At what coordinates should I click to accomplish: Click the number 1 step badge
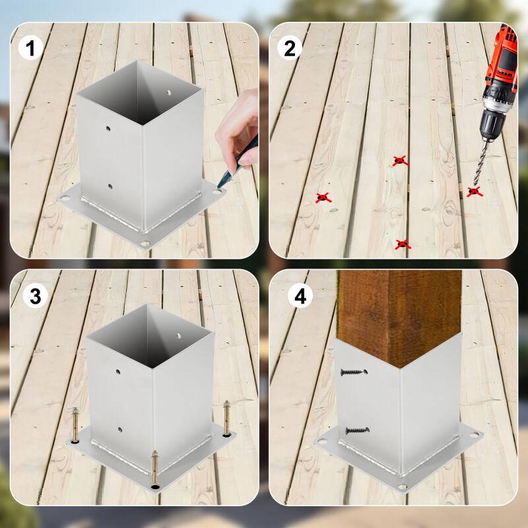tap(30, 47)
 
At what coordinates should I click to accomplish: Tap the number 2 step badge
tap(289, 47)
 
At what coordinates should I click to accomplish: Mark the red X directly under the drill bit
tap(473, 191)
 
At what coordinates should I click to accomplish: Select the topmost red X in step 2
tap(399, 160)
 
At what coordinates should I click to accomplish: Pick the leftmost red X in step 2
tap(322, 197)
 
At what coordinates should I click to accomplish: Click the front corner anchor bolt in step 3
tap(154, 469)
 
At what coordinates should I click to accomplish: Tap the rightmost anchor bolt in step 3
tap(228, 418)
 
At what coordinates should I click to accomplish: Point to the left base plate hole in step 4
tap(323, 441)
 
